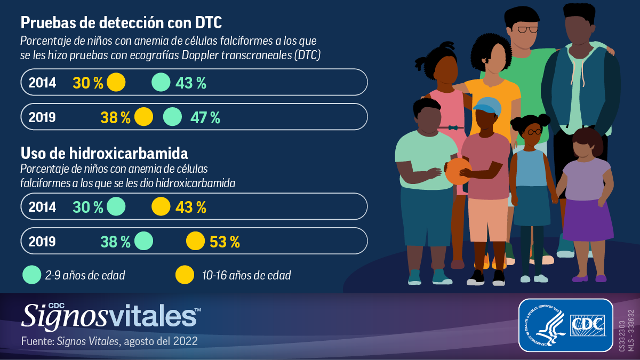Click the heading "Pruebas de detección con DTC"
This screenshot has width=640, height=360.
pos(121,23)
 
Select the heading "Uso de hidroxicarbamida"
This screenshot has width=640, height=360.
pos(104,154)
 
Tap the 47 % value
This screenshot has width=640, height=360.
pos(205,117)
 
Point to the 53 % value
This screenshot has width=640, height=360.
pos(225,242)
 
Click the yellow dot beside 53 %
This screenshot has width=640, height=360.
pos(195,241)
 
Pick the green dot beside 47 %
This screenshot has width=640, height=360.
pos(172,117)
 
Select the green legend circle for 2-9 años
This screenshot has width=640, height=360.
pos(32,275)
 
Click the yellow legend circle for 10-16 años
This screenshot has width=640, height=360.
pos(185,275)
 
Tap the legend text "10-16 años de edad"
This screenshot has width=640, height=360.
pos(246,276)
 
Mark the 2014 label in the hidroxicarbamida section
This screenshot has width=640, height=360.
pos(42,207)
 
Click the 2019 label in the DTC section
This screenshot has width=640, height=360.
pos(42,117)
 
